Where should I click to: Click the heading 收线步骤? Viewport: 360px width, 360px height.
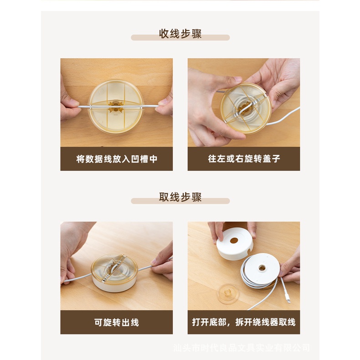[180, 34]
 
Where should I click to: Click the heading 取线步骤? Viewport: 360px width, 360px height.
[180, 197]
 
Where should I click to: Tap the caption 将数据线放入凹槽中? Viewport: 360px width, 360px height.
[117, 159]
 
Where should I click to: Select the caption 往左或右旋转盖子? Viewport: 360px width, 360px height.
[244, 159]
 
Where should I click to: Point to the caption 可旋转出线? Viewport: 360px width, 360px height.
[117, 322]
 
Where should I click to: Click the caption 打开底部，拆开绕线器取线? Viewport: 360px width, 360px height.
[244, 322]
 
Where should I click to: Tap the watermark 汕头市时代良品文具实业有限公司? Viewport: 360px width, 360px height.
[242, 348]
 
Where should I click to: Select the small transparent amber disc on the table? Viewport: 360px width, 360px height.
[228, 293]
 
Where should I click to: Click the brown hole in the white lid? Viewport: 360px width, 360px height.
[234, 241]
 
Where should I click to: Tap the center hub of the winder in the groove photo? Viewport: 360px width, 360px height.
[115, 107]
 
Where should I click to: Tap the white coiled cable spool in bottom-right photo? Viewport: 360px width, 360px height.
[260, 271]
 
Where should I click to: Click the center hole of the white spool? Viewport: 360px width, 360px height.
[262, 267]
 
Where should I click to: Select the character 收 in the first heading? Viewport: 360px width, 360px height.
[164, 34]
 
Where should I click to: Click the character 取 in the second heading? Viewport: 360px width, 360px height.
[164, 197]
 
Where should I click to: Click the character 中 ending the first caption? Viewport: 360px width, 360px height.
[154, 159]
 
